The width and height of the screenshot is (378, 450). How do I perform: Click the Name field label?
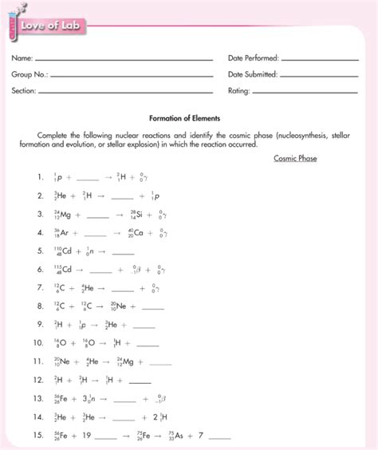(x=22, y=58)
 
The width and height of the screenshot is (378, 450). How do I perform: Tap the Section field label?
(x=24, y=91)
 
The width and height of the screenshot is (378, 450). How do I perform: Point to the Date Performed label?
(x=253, y=58)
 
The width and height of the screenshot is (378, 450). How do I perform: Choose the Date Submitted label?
(x=253, y=74)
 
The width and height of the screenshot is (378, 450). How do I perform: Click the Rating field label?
(x=238, y=91)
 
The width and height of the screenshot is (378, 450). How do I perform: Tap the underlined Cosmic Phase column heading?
(x=295, y=158)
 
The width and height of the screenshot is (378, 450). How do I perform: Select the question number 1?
(x=37, y=177)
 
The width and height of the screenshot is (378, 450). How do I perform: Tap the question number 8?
(x=37, y=306)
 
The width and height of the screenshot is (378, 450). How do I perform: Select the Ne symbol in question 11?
(x=65, y=361)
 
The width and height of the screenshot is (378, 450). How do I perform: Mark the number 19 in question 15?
(x=88, y=436)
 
